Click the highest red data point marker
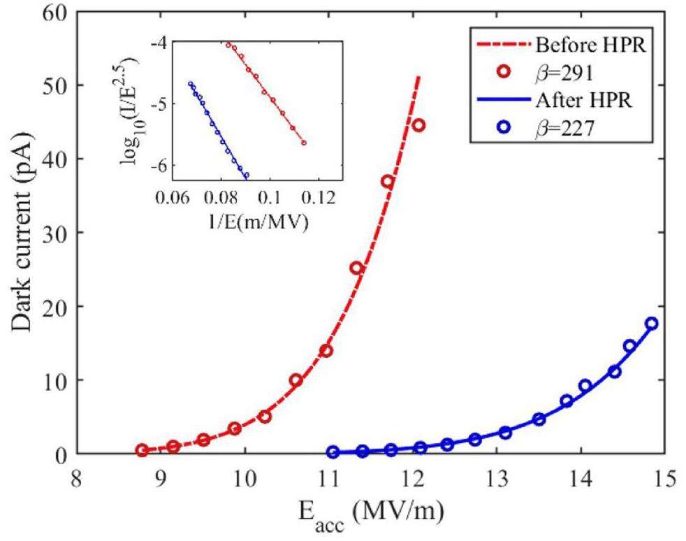[418, 125]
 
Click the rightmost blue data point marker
[651, 324]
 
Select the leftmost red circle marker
[142, 451]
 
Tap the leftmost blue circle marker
[333, 452]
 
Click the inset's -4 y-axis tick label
[159, 43]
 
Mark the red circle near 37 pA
[387, 182]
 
